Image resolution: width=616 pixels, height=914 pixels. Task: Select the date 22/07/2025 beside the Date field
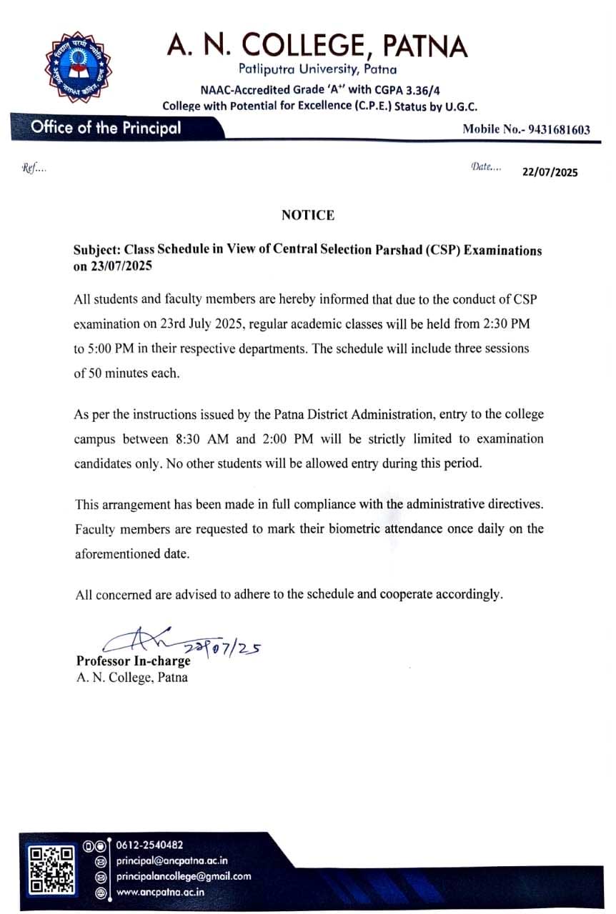coord(550,171)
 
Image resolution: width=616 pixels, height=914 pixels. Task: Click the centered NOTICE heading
coord(307,215)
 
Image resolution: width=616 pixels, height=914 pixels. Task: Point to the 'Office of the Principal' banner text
coord(106,129)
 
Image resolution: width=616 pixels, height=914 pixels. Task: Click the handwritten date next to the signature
coord(223,648)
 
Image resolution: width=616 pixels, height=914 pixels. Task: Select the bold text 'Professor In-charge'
coord(134,661)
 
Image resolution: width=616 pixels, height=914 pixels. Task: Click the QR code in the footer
coord(52,870)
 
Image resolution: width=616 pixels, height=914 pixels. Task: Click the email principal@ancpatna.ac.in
coord(172,860)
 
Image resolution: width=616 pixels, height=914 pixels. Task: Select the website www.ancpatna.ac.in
coord(161,892)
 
